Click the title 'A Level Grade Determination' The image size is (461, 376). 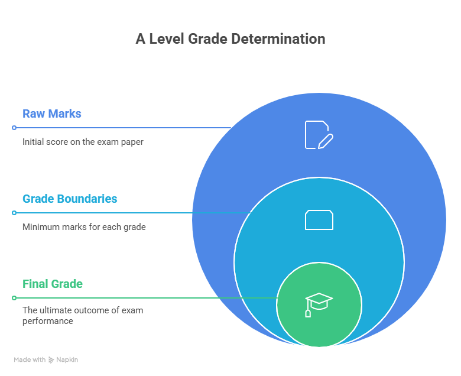point(230,39)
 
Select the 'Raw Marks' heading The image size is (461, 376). point(52,114)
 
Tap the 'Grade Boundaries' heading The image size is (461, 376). point(70,199)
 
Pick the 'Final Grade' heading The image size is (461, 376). point(53,284)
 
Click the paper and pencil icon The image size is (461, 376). point(319,135)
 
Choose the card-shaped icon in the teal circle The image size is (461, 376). point(319,220)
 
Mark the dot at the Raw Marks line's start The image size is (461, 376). point(14,128)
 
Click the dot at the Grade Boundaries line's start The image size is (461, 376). point(14,213)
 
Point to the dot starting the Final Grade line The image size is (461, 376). point(14,298)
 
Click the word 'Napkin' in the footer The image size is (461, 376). point(67,359)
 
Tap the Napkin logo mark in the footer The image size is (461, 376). point(51,359)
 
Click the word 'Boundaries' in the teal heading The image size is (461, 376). point(86,199)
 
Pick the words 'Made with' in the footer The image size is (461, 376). point(30,359)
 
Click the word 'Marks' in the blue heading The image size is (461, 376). point(65,114)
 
